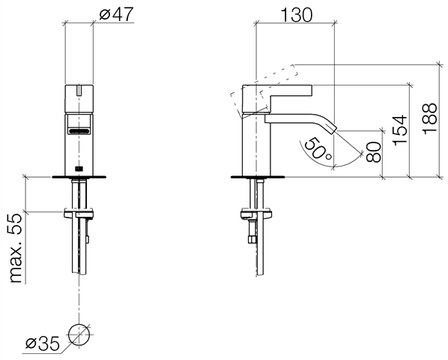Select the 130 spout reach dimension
[297, 15]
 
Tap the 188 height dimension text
[430, 118]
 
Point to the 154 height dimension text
[400, 130]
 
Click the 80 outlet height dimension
[374, 152]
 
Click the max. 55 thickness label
[16, 248]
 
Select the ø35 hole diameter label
[42, 343]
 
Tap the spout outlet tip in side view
[333, 129]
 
